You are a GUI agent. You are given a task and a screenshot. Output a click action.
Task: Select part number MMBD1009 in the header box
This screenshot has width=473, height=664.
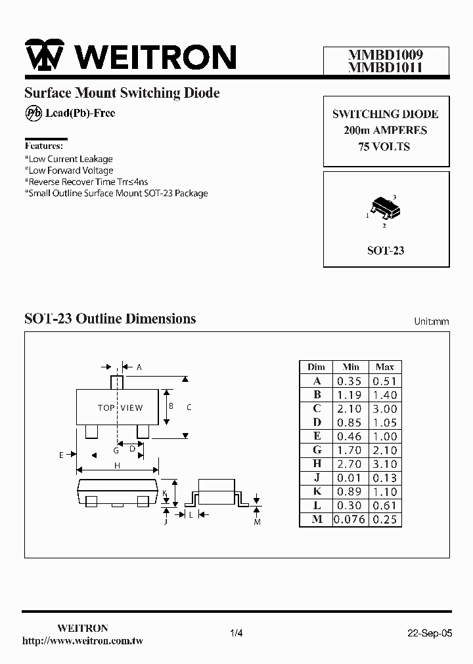click(x=386, y=56)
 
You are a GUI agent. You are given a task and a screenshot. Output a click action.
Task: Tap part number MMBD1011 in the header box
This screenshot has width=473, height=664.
click(x=386, y=67)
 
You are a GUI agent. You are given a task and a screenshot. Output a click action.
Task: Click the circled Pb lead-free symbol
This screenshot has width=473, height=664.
click(x=34, y=114)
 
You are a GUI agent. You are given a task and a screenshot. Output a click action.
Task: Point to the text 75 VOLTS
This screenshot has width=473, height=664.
click(x=385, y=147)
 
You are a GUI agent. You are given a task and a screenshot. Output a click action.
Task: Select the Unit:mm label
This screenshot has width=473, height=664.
click(x=432, y=322)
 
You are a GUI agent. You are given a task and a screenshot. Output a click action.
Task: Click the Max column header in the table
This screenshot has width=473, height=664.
click(x=385, y=367)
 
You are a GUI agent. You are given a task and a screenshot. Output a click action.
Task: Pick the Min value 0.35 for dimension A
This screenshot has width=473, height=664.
click(x=349, y=381)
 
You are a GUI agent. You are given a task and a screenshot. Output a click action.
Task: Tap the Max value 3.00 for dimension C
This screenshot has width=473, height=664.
click(x=385, y=409)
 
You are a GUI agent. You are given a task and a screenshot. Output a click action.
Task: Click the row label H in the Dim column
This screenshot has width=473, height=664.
click(x=317, y=464)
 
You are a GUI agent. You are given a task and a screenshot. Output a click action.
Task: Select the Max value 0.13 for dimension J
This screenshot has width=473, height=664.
click(x=385, y=478)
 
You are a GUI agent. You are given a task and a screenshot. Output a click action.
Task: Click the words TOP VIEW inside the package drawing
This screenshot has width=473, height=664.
click(x=120, y=407)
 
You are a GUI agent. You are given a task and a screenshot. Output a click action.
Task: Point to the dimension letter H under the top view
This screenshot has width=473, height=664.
click(x=117, y=465)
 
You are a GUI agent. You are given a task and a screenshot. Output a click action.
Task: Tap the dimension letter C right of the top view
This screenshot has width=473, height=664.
click(x=189, y=407)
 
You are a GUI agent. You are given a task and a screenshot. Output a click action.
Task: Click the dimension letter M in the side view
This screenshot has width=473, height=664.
click(x=258, y=522)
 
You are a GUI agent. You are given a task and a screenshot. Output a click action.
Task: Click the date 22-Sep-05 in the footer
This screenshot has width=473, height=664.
click(x=430, y=633)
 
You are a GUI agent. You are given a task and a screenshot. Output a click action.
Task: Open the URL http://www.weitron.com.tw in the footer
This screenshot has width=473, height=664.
click(x=83, y=640)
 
